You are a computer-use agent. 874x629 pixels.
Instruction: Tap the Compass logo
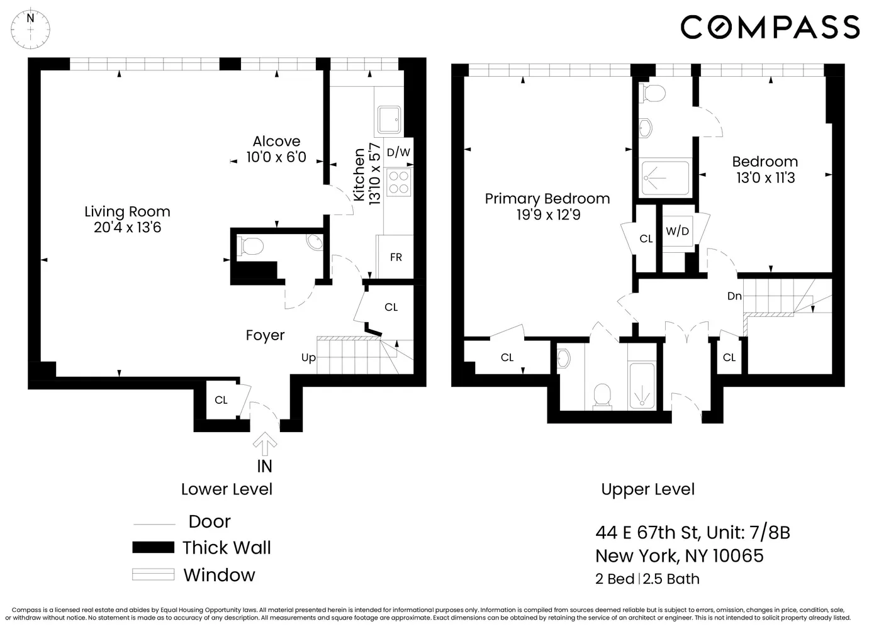(770, 28)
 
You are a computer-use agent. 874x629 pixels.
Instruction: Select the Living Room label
(127, 212)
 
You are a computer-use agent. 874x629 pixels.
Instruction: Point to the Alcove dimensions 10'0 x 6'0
(276, 157)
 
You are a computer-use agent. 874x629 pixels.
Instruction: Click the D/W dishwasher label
(398, 152)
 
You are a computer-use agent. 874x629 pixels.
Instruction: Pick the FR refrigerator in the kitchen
(396, 257)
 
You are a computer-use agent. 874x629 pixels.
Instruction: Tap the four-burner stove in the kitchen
(399, 182)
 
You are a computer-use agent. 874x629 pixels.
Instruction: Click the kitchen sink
(389, 120)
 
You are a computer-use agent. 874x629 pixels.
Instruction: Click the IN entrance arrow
(265, 445)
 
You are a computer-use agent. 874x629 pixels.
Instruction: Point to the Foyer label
(265, 336)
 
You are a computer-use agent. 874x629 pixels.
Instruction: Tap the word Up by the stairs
(308, 358)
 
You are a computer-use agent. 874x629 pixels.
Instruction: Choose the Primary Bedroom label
(547, 199)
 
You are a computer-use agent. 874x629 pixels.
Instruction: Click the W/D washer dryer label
(677, 231)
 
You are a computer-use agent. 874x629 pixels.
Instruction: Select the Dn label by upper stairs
(734, 296)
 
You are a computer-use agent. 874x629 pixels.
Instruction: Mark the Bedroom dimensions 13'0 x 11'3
(765, 178)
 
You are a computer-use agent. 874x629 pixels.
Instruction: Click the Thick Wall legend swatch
(153, 547)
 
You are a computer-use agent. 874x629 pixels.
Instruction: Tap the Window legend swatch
(153, 574)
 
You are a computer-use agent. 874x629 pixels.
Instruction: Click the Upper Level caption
(647, 489)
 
